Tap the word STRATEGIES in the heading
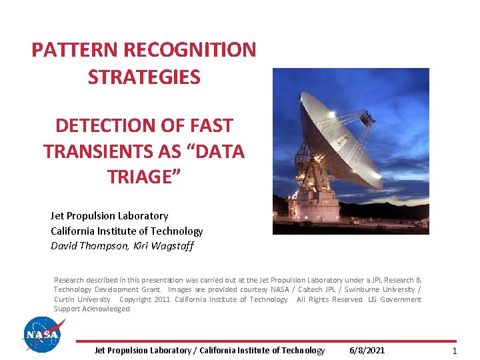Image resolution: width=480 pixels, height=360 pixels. [144, 77]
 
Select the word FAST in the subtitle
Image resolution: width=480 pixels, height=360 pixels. [209, 125]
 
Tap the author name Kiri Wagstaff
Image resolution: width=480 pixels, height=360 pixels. [155, 246]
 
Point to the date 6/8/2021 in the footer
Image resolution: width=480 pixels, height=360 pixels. [367, 351]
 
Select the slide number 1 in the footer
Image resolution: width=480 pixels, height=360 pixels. [455, 351]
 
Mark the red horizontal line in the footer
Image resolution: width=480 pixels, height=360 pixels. [267, 341]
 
